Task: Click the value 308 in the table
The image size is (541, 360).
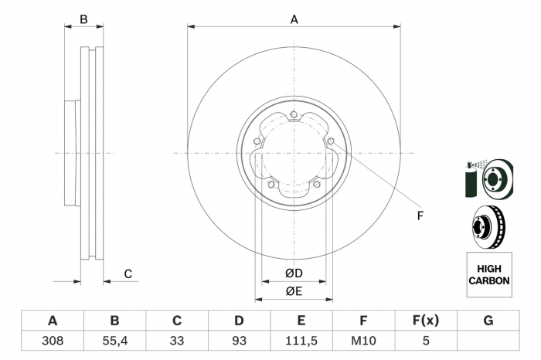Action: click(53, 341)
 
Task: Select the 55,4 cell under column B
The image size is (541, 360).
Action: click(115, 341)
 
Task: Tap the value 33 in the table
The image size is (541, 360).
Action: click(177, 341)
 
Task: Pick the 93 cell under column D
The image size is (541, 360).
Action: click(239, 341)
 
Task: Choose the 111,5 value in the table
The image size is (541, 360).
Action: click(301, 341)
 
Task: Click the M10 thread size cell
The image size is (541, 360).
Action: click(363, 341)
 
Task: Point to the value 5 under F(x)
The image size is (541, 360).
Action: click(426, 341)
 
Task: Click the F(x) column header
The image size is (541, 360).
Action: click(426, 321)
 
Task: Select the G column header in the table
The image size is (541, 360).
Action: click(488, 321)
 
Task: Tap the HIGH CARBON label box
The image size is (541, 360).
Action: click(489, 274)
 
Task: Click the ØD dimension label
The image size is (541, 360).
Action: click(294, 273)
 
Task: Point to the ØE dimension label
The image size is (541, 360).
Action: click(294, 291)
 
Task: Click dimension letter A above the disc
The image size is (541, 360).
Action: click(294, 19)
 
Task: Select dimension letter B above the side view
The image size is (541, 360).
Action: click(83, 19)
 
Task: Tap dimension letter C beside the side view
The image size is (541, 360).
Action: click(128, 274)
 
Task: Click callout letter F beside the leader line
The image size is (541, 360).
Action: click(420, 216)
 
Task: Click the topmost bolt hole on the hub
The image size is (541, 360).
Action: click(294, 114)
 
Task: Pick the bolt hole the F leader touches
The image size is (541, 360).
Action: click(331, 141)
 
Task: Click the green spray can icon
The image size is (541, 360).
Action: click(471, 179)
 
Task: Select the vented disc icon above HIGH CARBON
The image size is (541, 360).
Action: click(488, 227)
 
